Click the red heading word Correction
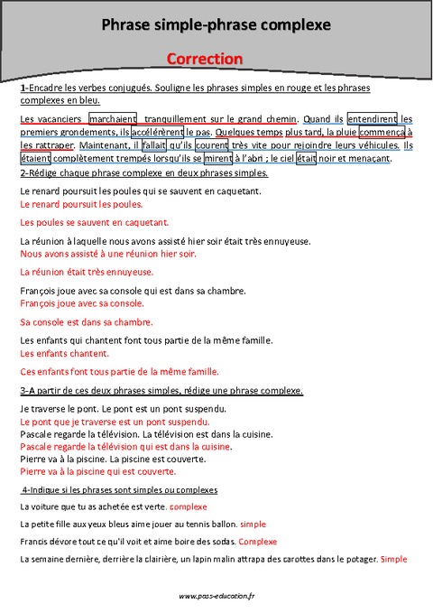coord(205,58)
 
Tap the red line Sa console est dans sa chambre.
coord(87,321)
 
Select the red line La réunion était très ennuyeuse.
coord(87,272)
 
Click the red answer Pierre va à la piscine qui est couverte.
coord(97,471)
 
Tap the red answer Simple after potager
coord(394,560)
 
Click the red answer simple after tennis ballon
coord(253,524)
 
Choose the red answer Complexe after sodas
coord(258,542)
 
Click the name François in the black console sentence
coord(37,290)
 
